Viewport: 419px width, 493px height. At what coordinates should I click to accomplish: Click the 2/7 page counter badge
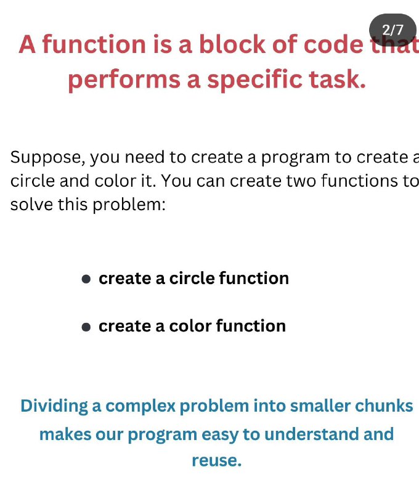click(393, 30)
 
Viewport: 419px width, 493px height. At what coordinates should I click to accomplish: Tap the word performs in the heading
click(124, 80)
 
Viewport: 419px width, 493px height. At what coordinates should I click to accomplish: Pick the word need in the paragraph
click(145, 157)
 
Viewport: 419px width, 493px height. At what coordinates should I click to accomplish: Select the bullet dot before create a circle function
click(86, 279)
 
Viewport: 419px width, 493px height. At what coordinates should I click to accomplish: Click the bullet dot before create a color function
click(86, 327)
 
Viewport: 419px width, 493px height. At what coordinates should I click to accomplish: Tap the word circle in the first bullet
click(192, 279)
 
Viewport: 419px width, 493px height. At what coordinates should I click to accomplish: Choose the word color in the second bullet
click(190, 326)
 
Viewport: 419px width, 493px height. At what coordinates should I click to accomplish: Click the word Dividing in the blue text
click(54, 406)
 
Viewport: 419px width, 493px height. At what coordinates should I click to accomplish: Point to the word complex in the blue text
click(140, 407)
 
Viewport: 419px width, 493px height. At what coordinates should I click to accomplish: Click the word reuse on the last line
click(216, 461)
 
